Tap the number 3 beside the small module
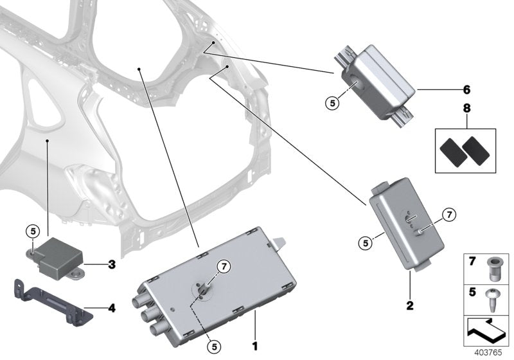(x=111, y=264)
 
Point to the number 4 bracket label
(x=111, y=309)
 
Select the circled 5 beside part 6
(x=330, y=102)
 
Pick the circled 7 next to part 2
(x=448, y=215)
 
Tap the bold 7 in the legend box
(x=472, y=261)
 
